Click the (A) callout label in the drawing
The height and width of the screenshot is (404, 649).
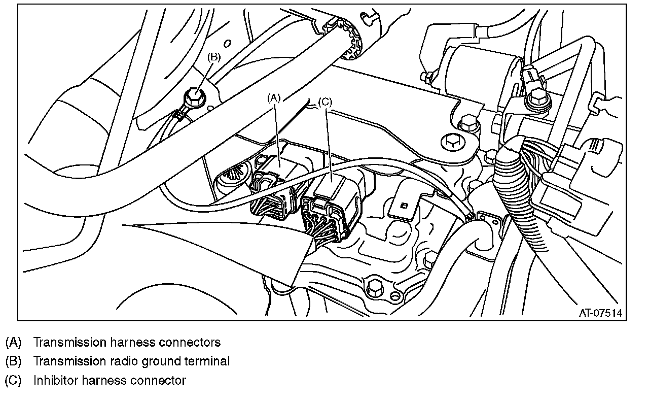[x=273, y=98]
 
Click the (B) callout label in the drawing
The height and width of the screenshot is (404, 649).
[x=213, y=57]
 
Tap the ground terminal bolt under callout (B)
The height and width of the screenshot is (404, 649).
[x=193, y=95]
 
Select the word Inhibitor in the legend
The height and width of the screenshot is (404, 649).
[x=53, y=380]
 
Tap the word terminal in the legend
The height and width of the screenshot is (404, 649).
[x=208, y=361]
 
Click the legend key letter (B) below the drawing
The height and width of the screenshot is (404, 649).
[x=13, y=361]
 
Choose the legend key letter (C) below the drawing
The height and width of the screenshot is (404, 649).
[x=13, y=380]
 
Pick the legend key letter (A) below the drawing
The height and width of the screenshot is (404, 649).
[x=13, y=342]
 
